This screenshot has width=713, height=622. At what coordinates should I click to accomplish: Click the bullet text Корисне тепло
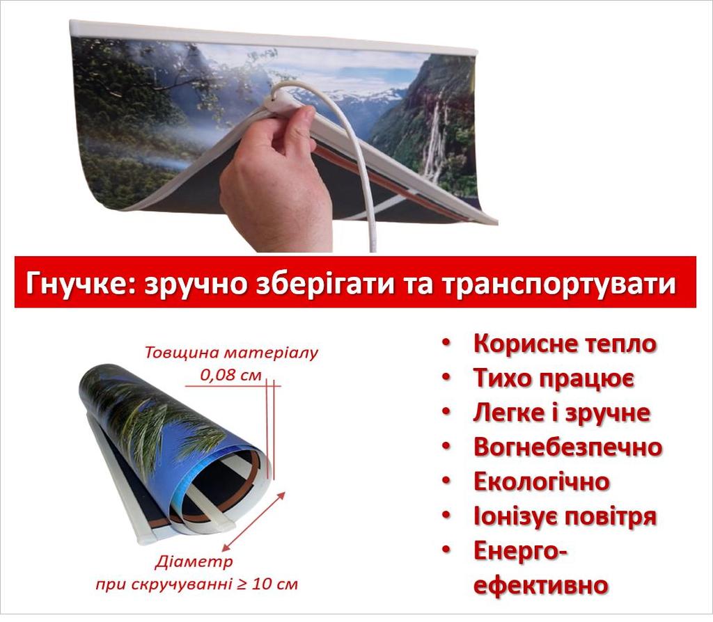565,344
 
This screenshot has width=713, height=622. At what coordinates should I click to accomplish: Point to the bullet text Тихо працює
553,378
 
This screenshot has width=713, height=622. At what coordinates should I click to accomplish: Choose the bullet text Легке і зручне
561,413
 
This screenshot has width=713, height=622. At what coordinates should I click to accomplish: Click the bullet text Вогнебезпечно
567,447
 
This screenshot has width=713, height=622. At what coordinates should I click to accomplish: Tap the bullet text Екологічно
541,481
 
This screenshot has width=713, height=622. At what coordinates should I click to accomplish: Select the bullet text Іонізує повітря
565,516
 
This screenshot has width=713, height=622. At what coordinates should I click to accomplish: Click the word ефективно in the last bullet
541,584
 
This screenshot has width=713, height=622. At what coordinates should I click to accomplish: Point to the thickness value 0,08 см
230,374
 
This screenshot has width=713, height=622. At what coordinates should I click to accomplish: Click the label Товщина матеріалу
231,352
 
